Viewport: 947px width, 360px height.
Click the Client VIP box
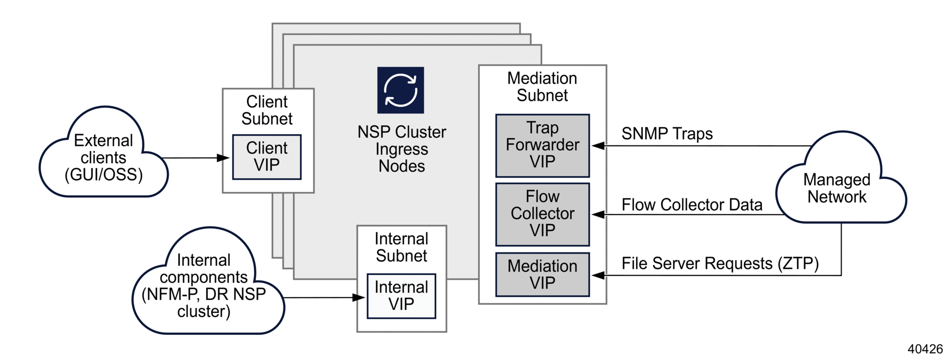(267, 157)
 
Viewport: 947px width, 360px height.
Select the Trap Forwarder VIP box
(542, 145)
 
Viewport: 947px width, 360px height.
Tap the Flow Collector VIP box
(542, 214)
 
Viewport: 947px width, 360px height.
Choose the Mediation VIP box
(542, 274)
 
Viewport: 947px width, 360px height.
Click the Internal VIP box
(401, 296)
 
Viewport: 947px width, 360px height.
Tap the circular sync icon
(400, 90)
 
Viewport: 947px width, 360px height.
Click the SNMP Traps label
(666, 134)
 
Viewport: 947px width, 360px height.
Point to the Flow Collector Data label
(692, 205)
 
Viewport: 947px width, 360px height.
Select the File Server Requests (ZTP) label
(720, 263)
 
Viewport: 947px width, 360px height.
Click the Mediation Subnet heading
(542, 87)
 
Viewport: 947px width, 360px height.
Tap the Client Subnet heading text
(267, 110)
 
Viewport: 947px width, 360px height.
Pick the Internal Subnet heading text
(401, 247)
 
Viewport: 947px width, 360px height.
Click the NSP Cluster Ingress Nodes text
(401, 149)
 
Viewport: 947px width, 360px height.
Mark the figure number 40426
(924, 349)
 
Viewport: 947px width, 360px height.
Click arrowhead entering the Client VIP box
(224, 158)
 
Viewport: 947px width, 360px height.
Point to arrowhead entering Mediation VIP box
(598, 276)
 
